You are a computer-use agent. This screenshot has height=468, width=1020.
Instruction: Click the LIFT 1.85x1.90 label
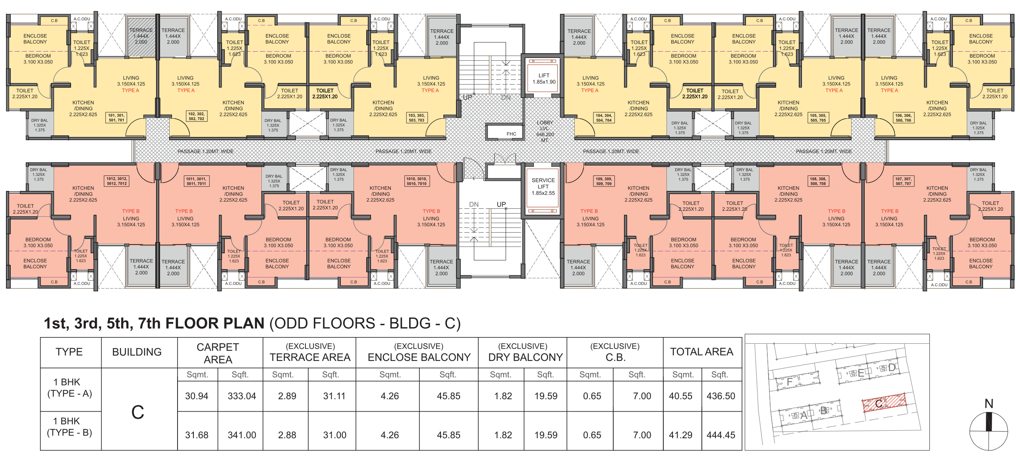click(544, 79)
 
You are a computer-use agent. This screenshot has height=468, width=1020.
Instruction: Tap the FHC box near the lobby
click(511, 134)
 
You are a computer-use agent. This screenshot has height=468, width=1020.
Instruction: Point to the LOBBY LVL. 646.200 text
click(545, 131)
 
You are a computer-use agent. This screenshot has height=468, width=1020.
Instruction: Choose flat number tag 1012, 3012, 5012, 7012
click(117, 181)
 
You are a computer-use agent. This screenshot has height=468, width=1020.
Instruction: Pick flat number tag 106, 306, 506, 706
click(903, 118)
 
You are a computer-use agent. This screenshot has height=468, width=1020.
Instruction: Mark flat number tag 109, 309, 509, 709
click(604, 181)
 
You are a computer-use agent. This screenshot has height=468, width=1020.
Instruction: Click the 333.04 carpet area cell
click(241, 396)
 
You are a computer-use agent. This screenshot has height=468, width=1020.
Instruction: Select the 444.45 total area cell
click(721, 435)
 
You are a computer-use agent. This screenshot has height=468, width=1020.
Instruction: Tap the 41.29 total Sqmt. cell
click(680, 435)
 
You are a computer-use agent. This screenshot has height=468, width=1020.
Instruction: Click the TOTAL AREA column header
click(701, 352)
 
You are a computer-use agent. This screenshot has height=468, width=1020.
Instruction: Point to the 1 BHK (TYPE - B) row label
click(70, 427)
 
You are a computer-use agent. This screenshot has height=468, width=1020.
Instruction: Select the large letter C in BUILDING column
click(137, 412)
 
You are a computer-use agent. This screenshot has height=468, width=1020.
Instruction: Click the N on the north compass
click(989, 404)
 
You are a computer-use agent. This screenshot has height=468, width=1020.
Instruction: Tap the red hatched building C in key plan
click(884, 403)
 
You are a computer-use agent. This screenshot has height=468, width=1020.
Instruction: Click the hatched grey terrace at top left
click(141, 36)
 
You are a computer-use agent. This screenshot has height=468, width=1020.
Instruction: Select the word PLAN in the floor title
click(243, 324)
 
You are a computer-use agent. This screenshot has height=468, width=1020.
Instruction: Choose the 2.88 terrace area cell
click(287, 435)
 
